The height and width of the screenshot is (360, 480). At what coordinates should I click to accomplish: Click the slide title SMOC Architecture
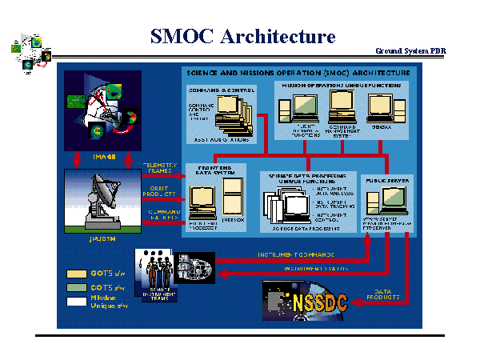[242, 36]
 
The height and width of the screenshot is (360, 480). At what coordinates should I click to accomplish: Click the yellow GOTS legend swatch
[72, 274]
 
